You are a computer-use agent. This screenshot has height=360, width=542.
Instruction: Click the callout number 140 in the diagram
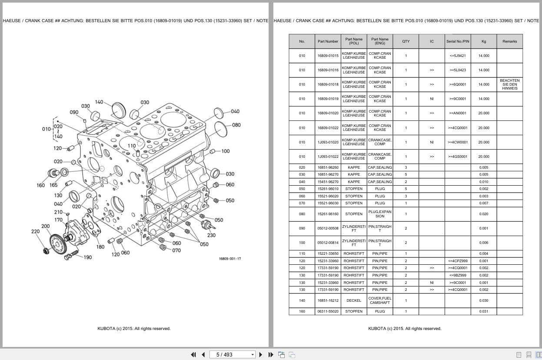tap(99, 102)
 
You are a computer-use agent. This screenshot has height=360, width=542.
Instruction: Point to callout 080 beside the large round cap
tap(236, 125)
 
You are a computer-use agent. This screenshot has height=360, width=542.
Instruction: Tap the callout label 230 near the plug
tap(211, 235)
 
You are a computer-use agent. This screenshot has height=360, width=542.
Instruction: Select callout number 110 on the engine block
tap(132, 146)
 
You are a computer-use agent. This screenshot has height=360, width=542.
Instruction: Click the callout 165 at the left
tap(53, 185)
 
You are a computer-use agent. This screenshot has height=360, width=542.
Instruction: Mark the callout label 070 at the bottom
tap(176, 250)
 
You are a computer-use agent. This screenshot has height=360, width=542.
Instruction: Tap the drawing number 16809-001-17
tap(230, 259)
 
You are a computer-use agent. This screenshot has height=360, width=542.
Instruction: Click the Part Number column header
tap(328, 41)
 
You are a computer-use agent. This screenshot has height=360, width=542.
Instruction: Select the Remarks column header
tap(509, 41)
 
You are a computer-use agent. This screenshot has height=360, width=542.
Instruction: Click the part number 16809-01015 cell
tap(328, 56)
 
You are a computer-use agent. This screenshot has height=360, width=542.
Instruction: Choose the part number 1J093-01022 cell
tap(328, 157)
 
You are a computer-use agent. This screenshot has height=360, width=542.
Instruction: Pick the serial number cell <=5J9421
tap(458, 56)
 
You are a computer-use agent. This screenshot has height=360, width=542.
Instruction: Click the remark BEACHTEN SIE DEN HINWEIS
tap(509, 84)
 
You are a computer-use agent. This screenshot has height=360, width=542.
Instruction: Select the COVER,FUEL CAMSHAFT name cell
tap(380, 300)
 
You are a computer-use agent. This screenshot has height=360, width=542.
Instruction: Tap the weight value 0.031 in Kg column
tap(484, 311)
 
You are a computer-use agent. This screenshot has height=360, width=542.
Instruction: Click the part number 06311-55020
tap(328, 311)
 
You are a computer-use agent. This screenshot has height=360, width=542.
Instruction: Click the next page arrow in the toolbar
tap(261, 354)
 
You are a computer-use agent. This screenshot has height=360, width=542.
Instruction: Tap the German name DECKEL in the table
tap(354, 300)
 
